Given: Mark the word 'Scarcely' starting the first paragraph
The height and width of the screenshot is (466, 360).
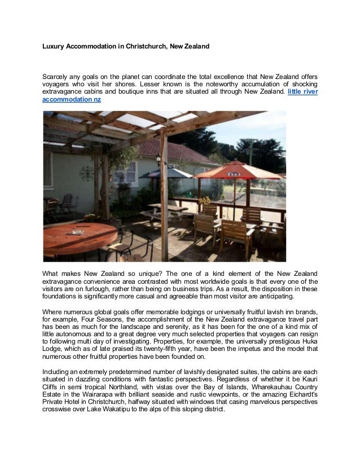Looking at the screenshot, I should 58,75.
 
